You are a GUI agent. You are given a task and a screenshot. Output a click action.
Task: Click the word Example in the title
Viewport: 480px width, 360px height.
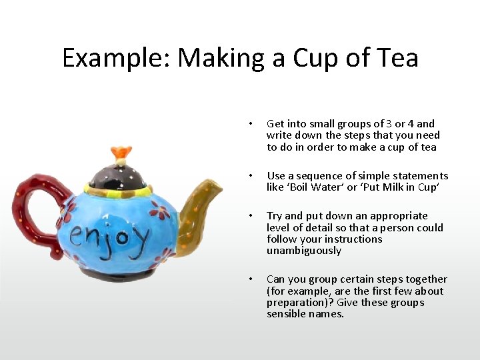coord(115,58)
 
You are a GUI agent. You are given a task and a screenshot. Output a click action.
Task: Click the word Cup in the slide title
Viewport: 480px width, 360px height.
coord(319,58)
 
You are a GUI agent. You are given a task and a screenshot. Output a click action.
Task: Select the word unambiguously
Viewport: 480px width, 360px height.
coord(303,251)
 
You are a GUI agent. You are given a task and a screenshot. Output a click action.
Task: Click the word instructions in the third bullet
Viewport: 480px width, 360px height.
coord(357,239)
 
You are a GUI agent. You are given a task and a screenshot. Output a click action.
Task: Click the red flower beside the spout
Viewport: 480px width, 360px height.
coord(159,213)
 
